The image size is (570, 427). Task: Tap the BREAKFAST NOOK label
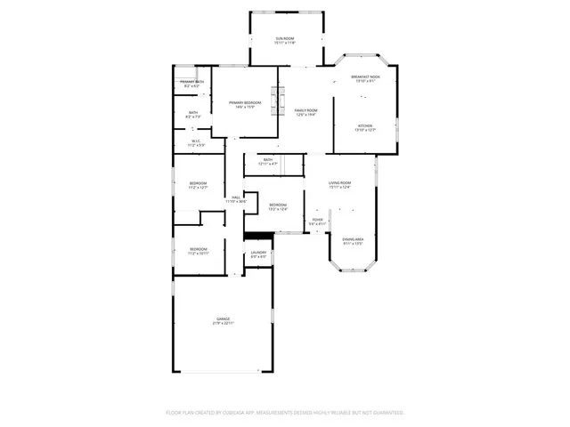pos(365,78)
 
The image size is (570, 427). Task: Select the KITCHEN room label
pos(365,127)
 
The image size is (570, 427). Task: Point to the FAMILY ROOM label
pos(306,112)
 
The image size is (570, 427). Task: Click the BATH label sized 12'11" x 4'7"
pos(268,162)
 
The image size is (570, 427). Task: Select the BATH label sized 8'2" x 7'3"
pos(193,114)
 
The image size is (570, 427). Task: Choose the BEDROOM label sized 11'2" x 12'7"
pos(198,185)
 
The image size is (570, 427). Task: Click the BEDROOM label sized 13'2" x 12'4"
pos(278,207)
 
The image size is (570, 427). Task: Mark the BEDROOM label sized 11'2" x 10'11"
pos(198,251)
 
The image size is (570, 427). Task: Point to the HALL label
pos(236,199)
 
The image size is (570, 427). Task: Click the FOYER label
pos(318,222)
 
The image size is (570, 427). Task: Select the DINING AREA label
pos(354,240)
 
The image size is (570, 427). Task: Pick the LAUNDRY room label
pos(258,254)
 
